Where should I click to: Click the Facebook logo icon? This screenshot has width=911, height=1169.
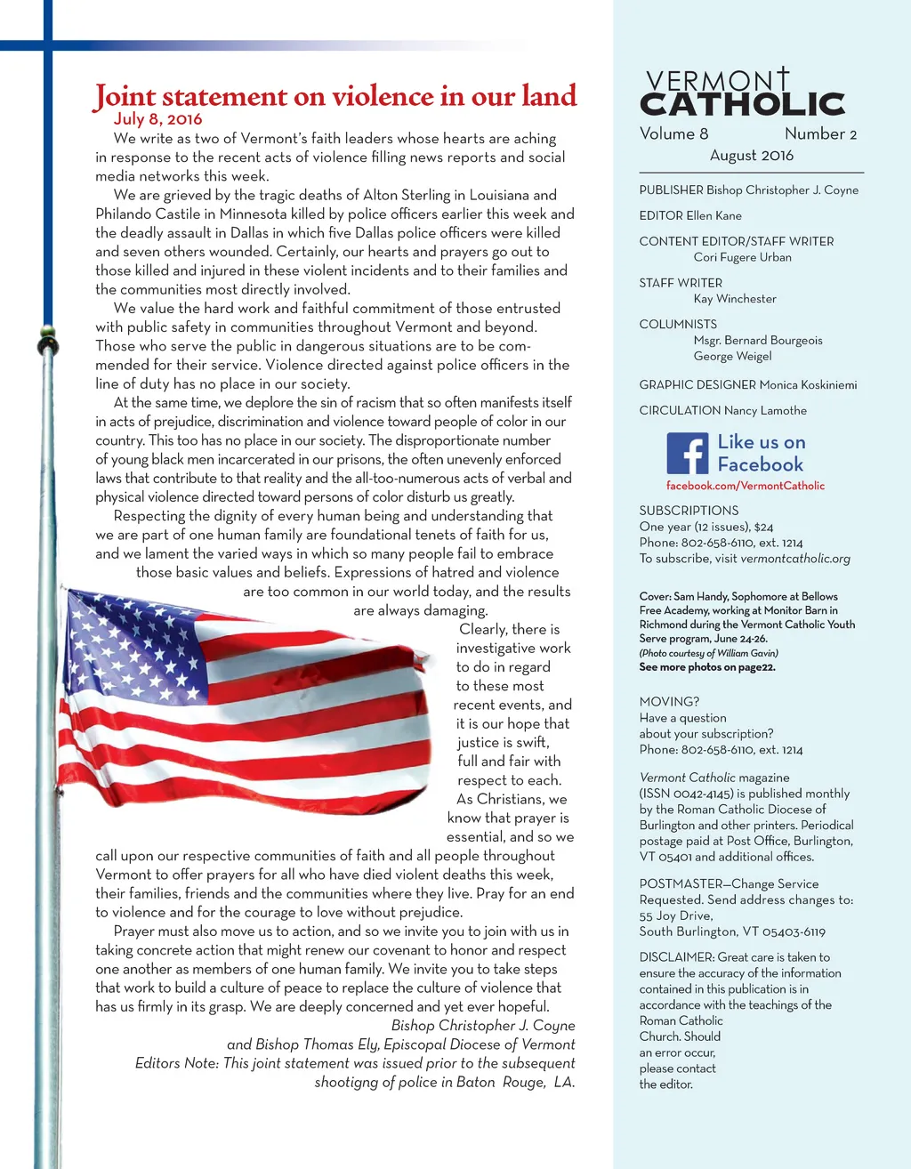[687, 454]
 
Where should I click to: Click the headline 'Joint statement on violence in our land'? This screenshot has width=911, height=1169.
[335, 96]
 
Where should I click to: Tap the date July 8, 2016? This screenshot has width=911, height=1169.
[158, 119]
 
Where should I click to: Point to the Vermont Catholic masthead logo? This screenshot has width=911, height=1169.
[742, 93]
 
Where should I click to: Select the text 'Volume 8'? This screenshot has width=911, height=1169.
[673, 134]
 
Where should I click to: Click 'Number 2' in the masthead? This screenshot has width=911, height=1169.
[820, 134]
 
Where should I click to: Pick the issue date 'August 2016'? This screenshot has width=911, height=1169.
[751, 156]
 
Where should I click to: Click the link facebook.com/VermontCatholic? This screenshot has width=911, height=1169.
[746, 486]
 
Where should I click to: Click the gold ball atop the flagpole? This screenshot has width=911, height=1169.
[45, 340]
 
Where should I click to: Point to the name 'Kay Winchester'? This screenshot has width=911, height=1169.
[735, 299]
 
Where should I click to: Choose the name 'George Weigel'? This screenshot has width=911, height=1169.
[732, 356]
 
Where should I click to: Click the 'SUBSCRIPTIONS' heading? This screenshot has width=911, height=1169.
[689, 511]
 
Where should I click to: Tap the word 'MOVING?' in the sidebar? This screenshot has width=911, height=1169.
[669, 702]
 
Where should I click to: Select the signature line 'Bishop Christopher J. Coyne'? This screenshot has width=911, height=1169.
[483, 1026]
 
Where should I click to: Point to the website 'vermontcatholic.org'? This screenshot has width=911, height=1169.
[795, 559]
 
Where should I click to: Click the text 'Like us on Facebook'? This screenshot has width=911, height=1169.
[761, 453]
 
